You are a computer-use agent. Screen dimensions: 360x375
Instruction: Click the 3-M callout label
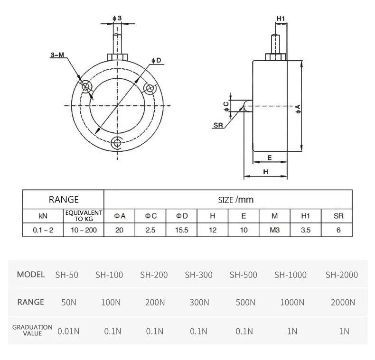57,55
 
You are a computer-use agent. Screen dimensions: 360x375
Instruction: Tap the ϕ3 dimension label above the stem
118,18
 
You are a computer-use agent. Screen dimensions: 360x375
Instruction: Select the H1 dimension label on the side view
281,18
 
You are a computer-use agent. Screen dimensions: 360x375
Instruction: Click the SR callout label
218,125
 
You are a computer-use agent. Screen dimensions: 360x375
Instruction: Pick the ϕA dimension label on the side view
298,108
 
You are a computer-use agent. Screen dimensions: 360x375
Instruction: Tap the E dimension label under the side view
269,157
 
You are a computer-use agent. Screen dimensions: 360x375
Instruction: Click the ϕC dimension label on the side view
226,105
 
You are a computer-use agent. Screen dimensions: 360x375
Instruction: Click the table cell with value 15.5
182,231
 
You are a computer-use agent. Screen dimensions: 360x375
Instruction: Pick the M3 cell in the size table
274,231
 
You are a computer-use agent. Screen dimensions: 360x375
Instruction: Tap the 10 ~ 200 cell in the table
84,231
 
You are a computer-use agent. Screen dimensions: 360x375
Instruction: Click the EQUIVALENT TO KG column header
84,216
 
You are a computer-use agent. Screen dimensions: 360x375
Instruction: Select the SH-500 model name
243,275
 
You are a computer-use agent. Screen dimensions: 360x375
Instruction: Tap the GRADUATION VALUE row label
32,330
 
